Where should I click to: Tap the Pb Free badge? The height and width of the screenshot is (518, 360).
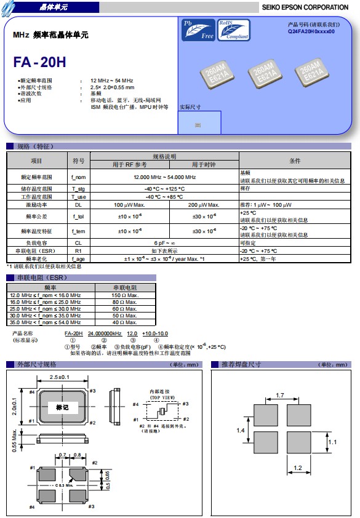point(198,30)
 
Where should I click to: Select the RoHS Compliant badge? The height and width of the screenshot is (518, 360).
point(233,30)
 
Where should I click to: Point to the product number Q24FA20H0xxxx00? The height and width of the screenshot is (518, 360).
point(311,31)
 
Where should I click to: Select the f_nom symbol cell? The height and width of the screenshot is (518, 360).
point(79,177)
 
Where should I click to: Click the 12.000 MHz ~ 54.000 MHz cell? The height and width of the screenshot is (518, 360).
point(165,177)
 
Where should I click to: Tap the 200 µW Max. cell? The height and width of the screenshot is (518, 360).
point(203,204)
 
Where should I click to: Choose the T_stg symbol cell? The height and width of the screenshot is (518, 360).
point(79,188)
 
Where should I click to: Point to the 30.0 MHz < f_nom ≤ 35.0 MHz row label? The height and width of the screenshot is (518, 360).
point(46,315)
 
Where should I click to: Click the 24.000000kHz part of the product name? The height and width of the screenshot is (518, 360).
point(104,332)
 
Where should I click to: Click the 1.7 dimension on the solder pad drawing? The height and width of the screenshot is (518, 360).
point(280,395)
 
